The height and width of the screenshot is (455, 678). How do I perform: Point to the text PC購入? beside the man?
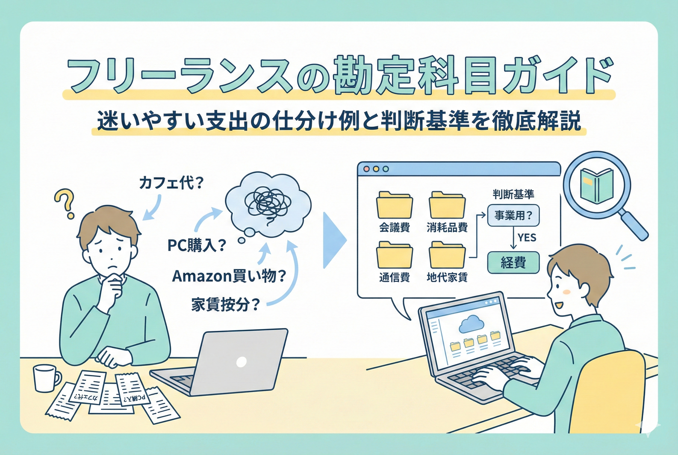pyautogui.click(x=197, y=245)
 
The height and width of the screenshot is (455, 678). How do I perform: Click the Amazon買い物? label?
pyautogui.click(x=229, y=276)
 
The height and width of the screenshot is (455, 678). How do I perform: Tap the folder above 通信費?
pyautogui.click(x=395, y=255)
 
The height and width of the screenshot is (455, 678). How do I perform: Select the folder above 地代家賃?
pyautogui.click(x=447, y=255)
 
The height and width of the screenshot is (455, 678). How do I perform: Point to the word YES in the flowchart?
pyautogui.click(x=527, y=238)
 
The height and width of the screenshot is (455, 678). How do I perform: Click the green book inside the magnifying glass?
pyautogui.click(x=596, y=186)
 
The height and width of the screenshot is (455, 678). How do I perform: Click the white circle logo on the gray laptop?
pyautogui.click(x=241, y=362)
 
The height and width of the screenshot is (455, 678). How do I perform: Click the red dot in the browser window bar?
pyautogui.click(x=366, y=169)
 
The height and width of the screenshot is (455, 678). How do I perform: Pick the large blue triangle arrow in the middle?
pyautogui.click(x=334, y=240)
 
